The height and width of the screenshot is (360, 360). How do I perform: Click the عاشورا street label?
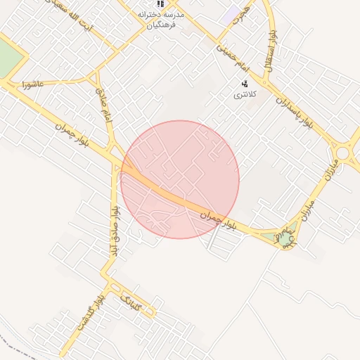(x=32, y=84)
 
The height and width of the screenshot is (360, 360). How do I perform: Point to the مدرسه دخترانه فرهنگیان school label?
(x=162, y=20)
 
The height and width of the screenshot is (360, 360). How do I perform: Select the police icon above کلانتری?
(x=244, y=83)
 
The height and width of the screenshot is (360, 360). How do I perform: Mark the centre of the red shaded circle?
(x=180, y=179)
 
